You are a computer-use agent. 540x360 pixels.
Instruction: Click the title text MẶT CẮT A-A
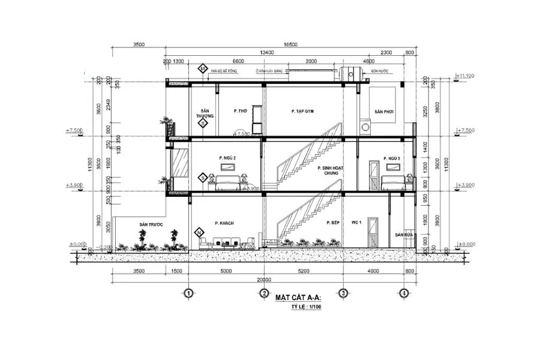(x=298, y=298)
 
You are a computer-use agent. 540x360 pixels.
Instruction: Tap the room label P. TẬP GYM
(x=302, y=112)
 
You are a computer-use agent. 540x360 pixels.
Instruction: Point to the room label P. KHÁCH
(x=224, y=223)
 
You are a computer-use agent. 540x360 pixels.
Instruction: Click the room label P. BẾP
(x=334, y=223)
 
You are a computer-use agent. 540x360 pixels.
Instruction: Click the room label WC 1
(x=355, y=223)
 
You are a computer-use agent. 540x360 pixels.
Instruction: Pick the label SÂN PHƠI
(x=382, y=112)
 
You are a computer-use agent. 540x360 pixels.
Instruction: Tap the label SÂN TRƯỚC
(x=151, y=224)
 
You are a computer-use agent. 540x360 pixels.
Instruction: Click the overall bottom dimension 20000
(x=265, y=280)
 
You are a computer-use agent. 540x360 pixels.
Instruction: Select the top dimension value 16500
(x=291, y=44)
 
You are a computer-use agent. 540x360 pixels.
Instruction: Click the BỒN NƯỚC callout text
(x=379, y=70)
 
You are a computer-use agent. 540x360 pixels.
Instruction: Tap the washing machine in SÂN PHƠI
(x=365, y=128)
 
